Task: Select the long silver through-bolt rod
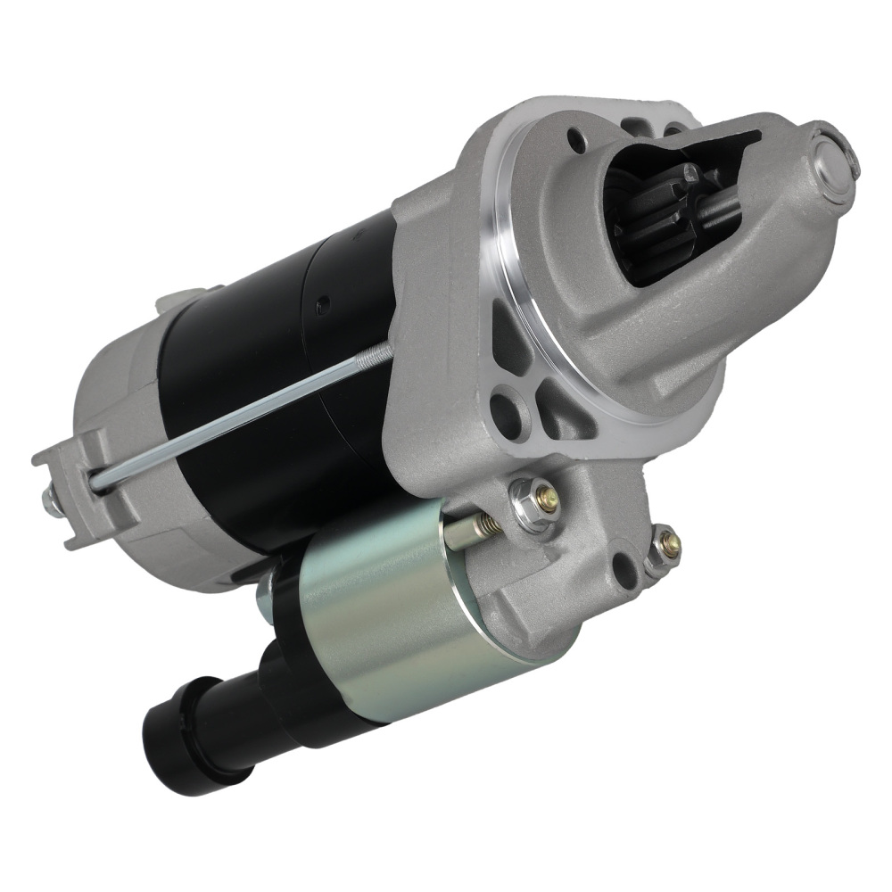coord(241,410)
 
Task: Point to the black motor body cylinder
coord(268,357)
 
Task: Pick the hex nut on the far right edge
coord(664,544)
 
